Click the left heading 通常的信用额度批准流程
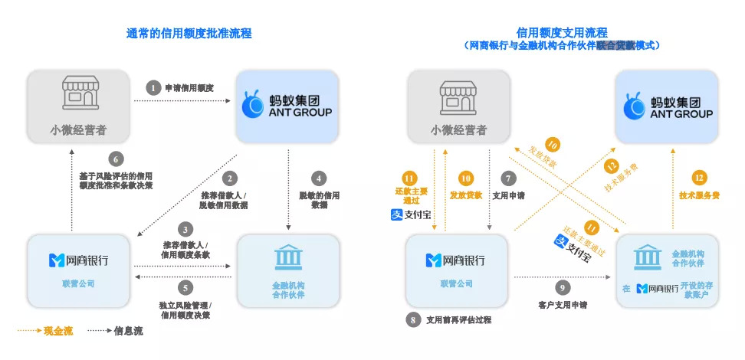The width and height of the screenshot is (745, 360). (x=189, y=34)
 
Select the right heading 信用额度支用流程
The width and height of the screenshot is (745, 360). (x=562, y=33)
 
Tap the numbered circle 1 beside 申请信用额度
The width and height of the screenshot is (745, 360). (x=153, y=88)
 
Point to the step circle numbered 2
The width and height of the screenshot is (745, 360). (x=228, y=179)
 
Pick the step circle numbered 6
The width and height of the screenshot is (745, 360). (x=116, y=159)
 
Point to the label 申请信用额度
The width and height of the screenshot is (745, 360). (x=189, y=88)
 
